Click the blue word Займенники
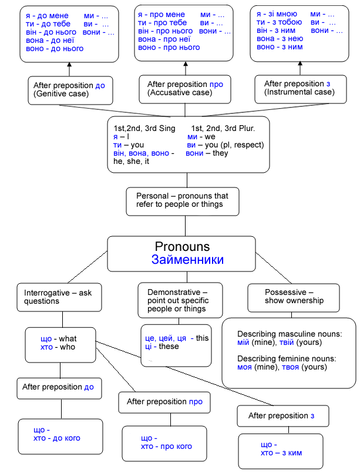pos(187,260)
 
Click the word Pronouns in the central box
pos(182,246)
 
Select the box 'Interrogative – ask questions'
pos(59,297)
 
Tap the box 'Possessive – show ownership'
pos(294,298)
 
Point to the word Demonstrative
pos(174,292)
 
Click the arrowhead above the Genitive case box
pos(69,64)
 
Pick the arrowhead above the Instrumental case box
pos(300,63)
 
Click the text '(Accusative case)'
pos(180,92)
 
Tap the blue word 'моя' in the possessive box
pos(244,367)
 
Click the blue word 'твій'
pos(287,343)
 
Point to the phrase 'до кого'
pos(66,438)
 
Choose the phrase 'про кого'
pos(176,446)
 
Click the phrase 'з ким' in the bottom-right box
pos(291,453)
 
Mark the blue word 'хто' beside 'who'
pos(46,347)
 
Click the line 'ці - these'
pos(162,346)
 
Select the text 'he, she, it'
pos(131,162)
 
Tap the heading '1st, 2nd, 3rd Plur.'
pos(223,128)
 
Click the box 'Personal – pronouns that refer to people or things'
pos(183,202)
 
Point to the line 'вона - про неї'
pos(164,39)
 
